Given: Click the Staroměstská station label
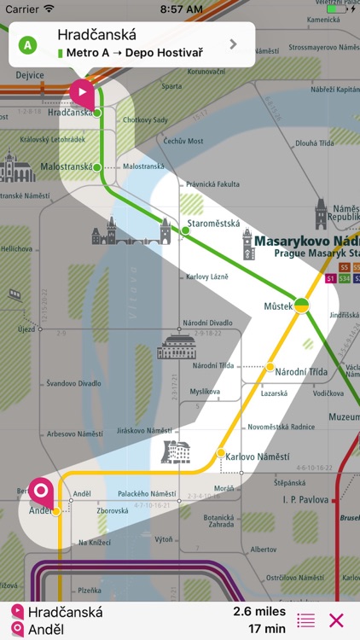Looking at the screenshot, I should (213, 224).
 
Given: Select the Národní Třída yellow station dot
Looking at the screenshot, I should (270, 368).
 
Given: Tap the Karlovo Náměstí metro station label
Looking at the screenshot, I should (258, 457).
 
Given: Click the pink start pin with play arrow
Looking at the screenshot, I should (82, 92).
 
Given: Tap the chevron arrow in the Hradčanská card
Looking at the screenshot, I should (233, 44).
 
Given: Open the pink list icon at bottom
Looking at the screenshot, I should (305, 620).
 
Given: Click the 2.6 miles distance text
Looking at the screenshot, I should (259, 612).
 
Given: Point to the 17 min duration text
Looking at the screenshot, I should (268, 629).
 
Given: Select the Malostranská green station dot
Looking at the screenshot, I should (97, 167).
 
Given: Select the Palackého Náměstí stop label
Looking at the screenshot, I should (146, 494).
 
